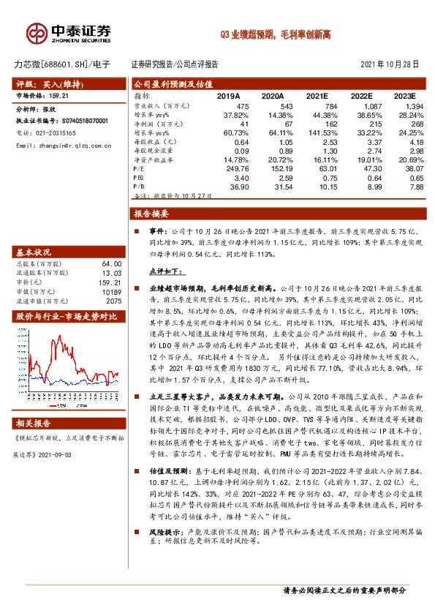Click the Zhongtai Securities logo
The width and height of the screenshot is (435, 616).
69,33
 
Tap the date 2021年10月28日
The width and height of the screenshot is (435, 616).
390,64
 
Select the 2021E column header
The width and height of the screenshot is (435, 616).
317,96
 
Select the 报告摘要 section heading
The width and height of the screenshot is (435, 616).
151,214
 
